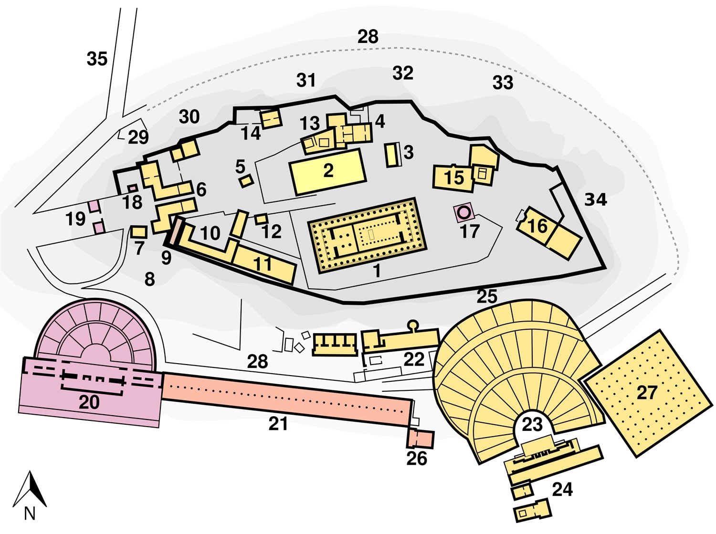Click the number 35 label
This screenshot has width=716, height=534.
[x=97, y=59]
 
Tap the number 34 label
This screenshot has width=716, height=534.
[x=596, y=199]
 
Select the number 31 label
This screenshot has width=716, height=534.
[x=306, y=80]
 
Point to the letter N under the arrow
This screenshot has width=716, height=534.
[x=30, y=514]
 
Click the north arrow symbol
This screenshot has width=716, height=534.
[x=30, y=489]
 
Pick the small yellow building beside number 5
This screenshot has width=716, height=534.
[x=246, y=181]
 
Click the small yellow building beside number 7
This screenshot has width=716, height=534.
[x=138, y=232]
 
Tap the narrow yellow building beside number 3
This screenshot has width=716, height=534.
[x=392, y=155]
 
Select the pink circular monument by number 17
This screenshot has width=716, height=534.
[x=463, y=211]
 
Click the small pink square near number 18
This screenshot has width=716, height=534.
[x=132, y=188]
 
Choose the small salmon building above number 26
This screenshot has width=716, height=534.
[x=420, y=439]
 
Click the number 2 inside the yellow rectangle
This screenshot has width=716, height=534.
[x=328, y=170]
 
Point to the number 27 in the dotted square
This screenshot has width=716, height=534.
[x=647, y=392]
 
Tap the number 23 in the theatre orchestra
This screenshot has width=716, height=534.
[x=532, y=424]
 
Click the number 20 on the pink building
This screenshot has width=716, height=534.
[x=89, y=402]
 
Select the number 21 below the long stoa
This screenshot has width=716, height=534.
[x=278, y=423]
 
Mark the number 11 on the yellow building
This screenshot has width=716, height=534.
[x=262, y=264]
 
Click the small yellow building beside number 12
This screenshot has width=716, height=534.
[x=261, y=219]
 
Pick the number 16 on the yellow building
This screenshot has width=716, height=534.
[x=537, y=225]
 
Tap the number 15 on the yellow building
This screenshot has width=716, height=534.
[x=453, y=178]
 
